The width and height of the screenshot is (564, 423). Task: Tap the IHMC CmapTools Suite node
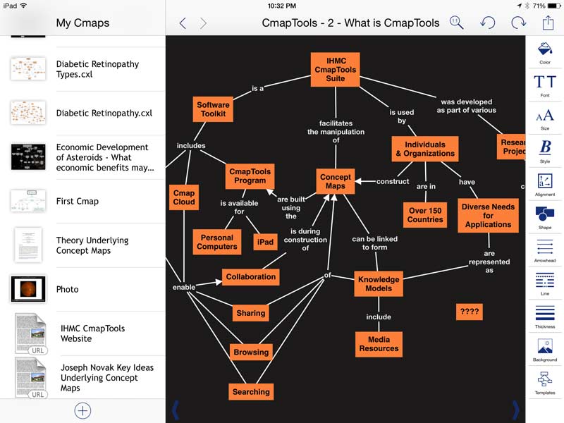[335, 70]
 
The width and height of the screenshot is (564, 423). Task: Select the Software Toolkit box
[213, 109]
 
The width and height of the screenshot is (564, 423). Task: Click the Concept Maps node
[335, 181]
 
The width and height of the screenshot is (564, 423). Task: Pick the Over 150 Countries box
[425, 214]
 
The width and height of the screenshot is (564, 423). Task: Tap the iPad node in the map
[265, 242]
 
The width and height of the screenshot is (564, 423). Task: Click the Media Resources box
[379, 343]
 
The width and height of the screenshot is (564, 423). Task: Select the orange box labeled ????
[469, 311]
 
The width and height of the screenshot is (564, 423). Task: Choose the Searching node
[251, 391]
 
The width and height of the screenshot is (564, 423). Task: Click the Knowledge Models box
[379, 283]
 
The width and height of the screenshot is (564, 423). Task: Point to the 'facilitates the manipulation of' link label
[336, 131]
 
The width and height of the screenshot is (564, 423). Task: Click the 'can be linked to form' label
[374, 243]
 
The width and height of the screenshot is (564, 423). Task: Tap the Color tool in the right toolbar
[545, 52]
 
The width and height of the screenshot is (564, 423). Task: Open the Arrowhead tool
[545, 250]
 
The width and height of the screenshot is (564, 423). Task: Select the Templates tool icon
[545, 381]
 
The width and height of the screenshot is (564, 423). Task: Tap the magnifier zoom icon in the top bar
[456, 23]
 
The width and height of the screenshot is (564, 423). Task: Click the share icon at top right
[548, 23]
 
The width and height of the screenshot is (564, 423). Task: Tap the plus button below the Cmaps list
[82, 410]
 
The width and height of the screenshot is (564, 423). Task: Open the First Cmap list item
[78, 201]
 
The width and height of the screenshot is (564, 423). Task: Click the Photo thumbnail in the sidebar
[28, 289]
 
